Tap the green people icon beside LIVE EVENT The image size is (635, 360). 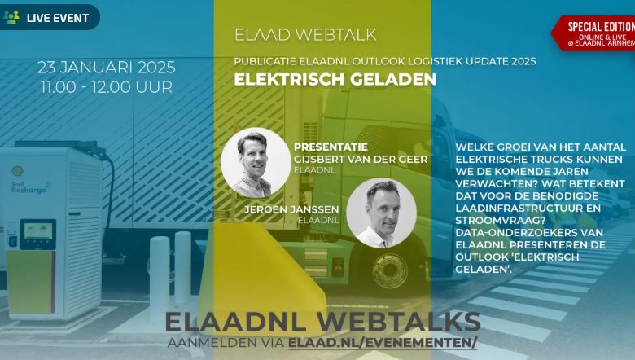[11, 16]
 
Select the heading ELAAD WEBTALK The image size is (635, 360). [305, 35]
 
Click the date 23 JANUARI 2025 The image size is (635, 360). [107, 67]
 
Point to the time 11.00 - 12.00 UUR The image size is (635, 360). [107, 86]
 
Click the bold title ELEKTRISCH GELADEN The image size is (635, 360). [335, 80]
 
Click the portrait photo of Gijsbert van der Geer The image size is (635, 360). [256, 163]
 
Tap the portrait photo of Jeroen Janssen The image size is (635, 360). [381, 213]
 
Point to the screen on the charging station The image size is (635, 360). [38, 234]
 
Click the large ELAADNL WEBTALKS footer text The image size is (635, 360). [322, 320]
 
